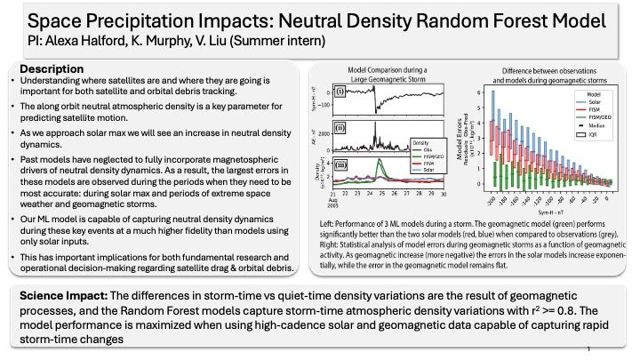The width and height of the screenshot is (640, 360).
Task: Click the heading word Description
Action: pos(52,69)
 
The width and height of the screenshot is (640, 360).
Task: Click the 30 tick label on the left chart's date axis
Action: pos(444,194)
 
